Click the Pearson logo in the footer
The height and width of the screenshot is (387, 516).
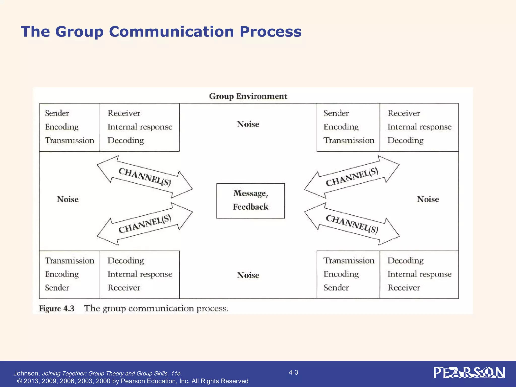tap(469, 373)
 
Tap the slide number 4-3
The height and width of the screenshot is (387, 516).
tap(293, 372)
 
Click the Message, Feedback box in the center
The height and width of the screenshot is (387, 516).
tap(250, 201)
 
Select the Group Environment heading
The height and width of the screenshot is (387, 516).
tap(248, 96)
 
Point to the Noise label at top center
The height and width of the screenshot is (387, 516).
tap(248, 124)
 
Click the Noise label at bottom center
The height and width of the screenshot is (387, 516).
tap(248, 275)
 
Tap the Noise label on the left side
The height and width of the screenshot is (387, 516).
tap(68, 199)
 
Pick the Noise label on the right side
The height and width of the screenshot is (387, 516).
tap(428, 199)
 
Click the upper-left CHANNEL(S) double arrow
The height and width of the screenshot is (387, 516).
tap(145, 177)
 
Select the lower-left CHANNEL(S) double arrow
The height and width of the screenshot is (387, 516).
tap(145, 224)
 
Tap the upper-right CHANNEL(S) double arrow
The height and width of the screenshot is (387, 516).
tap(352, 177)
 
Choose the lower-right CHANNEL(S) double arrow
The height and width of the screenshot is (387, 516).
tap(352, 224)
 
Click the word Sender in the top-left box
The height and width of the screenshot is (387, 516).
tap(57, 113)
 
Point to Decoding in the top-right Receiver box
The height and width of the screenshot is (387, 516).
tap(405, 140)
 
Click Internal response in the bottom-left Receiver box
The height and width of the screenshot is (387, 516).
tap(140, 274)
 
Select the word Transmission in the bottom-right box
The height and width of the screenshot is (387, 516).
tap(349, 260)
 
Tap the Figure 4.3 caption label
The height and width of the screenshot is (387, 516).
tap(57, 308)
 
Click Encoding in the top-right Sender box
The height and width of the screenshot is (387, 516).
tap(341, 127)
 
